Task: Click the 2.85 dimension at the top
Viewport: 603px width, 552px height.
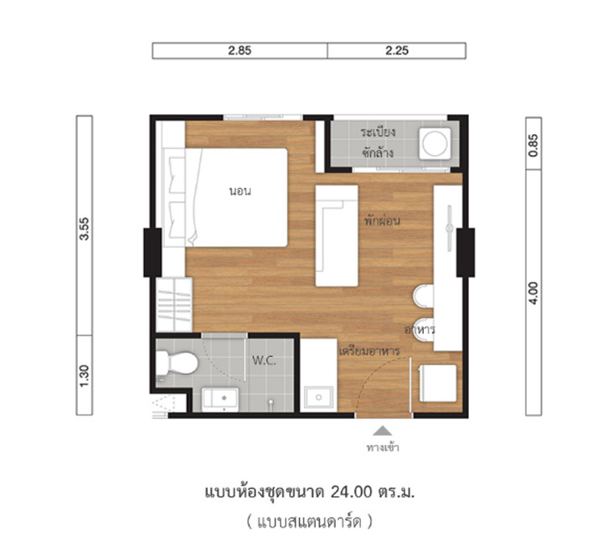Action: tap(240, 50)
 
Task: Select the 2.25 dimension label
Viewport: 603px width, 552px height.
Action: tap(397, 50)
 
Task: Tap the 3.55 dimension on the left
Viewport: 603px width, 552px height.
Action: tap(85, 229)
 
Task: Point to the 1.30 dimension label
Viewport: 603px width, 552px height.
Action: tap(85, 376)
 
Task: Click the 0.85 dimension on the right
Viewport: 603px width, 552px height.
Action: tap(533, 145)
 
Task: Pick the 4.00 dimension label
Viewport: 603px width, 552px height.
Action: tap(533, 293)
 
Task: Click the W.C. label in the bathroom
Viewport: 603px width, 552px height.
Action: tap(264, 360)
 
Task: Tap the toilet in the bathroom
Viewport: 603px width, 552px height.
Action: tap(177, 363)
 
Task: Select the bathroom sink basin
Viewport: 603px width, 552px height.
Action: tap(220, 400)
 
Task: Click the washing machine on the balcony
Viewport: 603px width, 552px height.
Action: tap(435, 143)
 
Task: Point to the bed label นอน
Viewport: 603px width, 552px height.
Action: tap(240, 191)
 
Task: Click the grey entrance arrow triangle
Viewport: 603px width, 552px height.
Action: tap(382, 431)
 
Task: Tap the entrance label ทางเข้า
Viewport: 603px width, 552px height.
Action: tap(383, 447)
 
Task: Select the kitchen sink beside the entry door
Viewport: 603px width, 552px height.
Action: tap(318, 397)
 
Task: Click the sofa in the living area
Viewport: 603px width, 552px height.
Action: tap(337, 236)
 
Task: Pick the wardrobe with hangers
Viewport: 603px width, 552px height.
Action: tap(174, 305)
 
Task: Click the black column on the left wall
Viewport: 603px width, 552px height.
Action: tap(152, 252)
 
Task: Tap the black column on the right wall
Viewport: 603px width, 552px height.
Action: tap(466, 252)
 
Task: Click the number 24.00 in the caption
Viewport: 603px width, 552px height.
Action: tap(352, 492)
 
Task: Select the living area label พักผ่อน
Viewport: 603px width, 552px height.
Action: tap(382, 220)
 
